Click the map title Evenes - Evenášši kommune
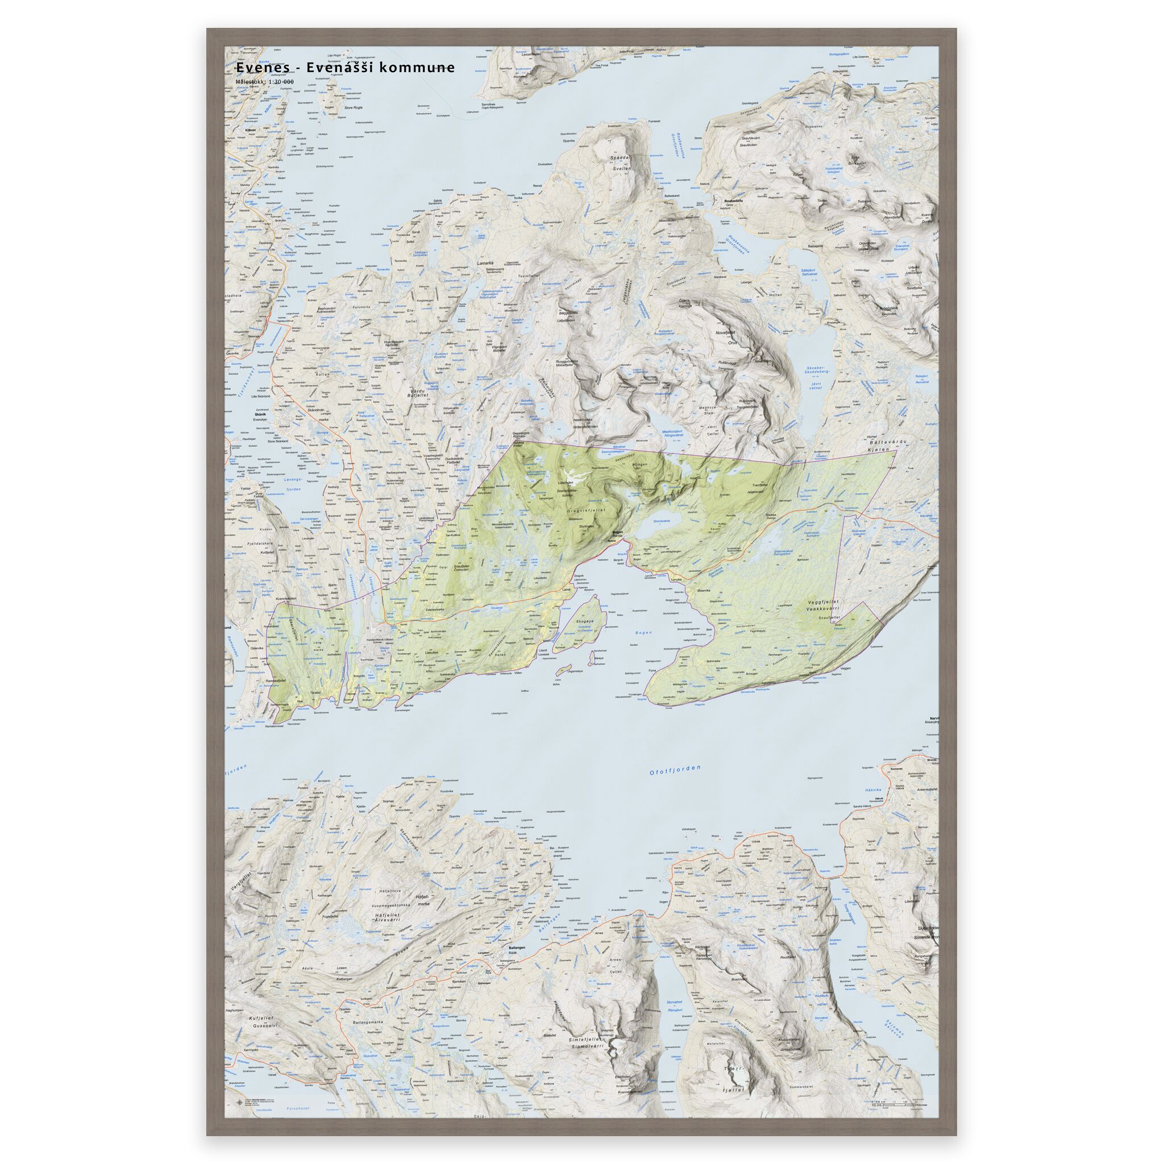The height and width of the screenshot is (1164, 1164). [345, 68]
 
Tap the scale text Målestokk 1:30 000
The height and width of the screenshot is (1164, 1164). [265, 82]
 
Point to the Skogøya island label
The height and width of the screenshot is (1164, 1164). [585, 621]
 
